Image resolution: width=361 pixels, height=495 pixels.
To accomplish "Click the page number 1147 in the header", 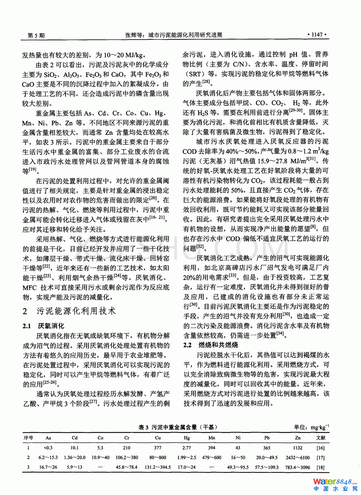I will (317, 35).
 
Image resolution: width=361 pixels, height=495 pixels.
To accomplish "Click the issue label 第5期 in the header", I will (36, 35).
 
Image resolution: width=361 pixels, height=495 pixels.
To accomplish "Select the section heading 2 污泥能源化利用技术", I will (69, 311).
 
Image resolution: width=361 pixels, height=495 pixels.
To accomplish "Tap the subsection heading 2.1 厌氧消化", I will (43, 326).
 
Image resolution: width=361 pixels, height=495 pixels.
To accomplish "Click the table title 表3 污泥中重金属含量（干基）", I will (178, 427).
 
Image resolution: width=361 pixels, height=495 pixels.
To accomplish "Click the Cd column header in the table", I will (74, 438).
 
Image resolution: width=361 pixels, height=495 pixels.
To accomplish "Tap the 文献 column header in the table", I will (320, 438).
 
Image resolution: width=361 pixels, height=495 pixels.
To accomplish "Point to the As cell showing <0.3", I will (48, 448).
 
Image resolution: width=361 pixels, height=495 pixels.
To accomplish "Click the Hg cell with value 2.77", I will (186, 448).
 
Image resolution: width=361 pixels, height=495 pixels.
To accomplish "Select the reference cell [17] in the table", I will (320, 457).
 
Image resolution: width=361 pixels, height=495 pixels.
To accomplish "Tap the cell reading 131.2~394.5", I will (158, 467).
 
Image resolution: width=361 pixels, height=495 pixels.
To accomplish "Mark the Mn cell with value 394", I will (211, 448).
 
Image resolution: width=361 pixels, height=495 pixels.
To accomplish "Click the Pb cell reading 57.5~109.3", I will (266, 467).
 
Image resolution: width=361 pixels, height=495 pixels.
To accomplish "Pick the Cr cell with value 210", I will (127, 448).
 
